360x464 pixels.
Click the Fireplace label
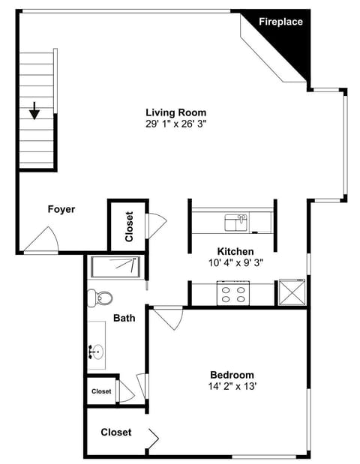point(281,22)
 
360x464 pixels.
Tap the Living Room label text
point(175,112)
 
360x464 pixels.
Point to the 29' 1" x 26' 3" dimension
point(175,124)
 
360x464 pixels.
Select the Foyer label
point(61,209)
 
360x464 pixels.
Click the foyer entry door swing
point(42,241)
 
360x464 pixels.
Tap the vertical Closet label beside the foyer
point(128,226)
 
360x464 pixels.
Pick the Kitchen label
point(235,251)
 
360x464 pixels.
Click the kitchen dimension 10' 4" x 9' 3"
point(235,262)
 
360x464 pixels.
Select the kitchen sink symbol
point(235,222)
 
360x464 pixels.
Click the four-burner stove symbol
point(232,293)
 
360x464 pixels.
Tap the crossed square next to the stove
point(292,292)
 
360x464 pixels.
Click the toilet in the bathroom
point(100,298)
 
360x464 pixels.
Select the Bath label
point(124,318)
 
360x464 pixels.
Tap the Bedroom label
point(231,375)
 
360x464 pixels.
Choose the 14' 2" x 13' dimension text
point(231,387)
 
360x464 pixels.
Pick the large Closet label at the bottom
point(115,433)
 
